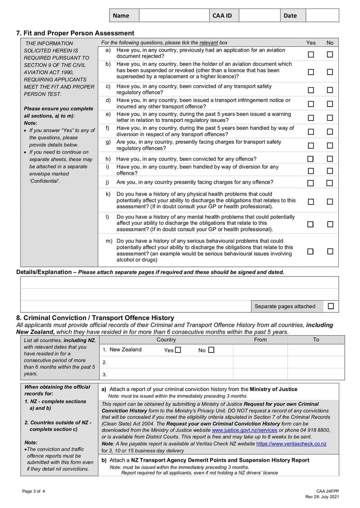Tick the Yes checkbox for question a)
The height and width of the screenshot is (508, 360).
pos(310,54)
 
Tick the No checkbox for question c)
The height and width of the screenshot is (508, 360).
pos(330,90)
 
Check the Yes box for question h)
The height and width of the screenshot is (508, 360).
pos(310,159)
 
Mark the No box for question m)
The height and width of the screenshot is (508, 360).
pos(330,251)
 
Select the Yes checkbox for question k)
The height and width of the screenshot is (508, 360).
pos(310,202)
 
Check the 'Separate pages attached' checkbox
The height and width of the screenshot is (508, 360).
pos(331,306)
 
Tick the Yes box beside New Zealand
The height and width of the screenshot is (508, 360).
pos(178,350)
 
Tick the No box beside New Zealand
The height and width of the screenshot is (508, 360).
pos(211,350)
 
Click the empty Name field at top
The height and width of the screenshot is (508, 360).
pos(174,15)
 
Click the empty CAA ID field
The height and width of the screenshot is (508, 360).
pos(259,15)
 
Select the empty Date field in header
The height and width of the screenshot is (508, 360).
pos(322,15)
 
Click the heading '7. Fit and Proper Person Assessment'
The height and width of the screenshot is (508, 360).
pos(75,33)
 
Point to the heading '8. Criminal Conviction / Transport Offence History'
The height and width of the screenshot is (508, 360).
pos(95,318)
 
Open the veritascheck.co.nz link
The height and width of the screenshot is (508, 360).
pos(291,444)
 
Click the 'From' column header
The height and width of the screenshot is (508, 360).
pos(260,340)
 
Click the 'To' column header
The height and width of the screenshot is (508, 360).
pos(316,340)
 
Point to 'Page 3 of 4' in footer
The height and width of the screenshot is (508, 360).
pos(34,491)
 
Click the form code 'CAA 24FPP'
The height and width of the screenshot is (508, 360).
pos(327,491)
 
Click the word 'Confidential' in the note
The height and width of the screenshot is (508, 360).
pos(44,181)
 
